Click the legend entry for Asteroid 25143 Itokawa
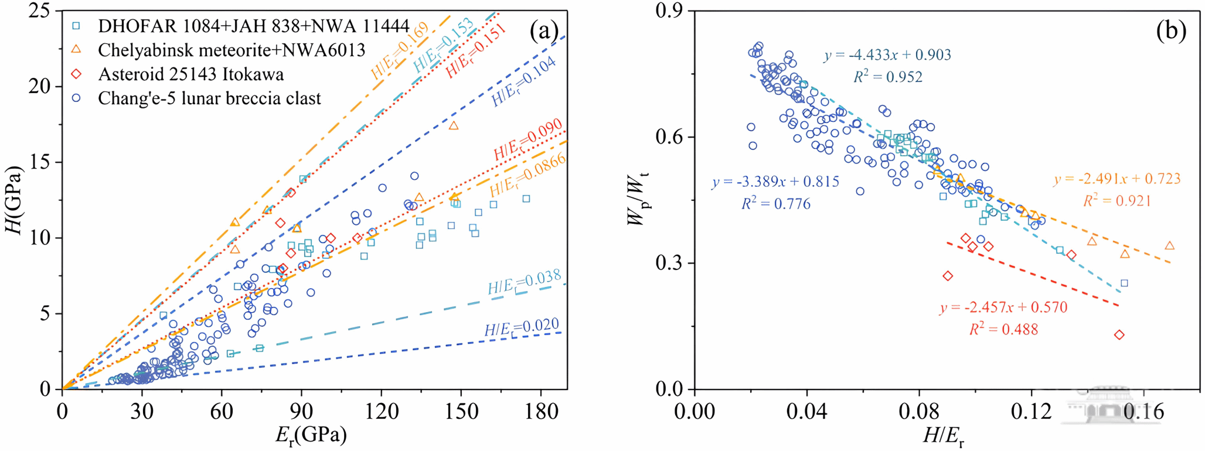point(190,74)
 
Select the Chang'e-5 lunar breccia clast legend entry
point(209,98)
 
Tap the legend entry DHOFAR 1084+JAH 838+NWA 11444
point(253,26)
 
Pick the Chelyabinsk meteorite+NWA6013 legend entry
point(232,50)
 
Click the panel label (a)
point(544,30)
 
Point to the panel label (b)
point(1170,30)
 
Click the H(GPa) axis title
point(14,200)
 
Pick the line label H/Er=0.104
point(523,83)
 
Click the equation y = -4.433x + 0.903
point(887,55)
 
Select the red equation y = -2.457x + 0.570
point(1003,307)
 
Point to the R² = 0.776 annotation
point(776,204)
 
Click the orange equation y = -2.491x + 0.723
point(1117,179)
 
